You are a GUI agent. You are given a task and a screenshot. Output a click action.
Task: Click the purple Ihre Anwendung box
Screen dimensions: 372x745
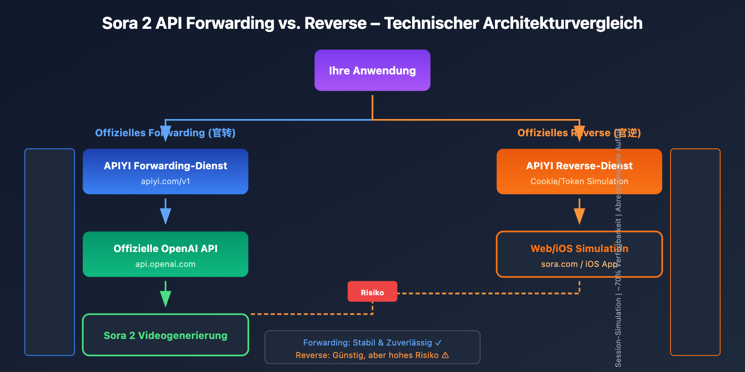372,70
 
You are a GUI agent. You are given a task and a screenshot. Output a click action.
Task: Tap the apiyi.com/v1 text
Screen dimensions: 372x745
165,181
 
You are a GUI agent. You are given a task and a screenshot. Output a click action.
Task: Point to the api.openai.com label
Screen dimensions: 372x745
165,264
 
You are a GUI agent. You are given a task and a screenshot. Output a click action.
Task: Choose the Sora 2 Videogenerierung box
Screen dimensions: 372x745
165,335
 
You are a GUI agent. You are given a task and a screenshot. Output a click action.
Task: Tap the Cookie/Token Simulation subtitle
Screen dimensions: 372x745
579,181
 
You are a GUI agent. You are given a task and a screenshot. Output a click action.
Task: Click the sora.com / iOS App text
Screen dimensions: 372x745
579,264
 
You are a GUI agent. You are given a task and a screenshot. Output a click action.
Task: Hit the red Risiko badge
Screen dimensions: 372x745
372,292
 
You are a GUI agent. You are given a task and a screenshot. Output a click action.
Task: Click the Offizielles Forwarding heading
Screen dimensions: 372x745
165,133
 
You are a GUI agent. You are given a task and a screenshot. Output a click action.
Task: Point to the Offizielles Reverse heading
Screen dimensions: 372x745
579,133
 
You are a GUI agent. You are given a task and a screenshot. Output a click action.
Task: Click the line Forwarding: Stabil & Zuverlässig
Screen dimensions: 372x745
372,343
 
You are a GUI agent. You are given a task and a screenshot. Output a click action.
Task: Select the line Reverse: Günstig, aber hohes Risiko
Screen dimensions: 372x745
372,355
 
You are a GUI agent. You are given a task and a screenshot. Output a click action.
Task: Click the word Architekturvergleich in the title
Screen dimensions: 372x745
562,23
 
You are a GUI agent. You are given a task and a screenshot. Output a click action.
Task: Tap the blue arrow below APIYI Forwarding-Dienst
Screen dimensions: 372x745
165,213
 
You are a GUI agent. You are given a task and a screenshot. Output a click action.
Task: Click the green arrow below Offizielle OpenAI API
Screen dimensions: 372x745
165,295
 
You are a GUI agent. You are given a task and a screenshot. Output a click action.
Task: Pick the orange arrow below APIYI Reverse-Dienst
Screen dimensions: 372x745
579,213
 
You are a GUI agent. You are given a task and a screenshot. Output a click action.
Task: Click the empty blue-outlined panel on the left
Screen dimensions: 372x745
49,252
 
